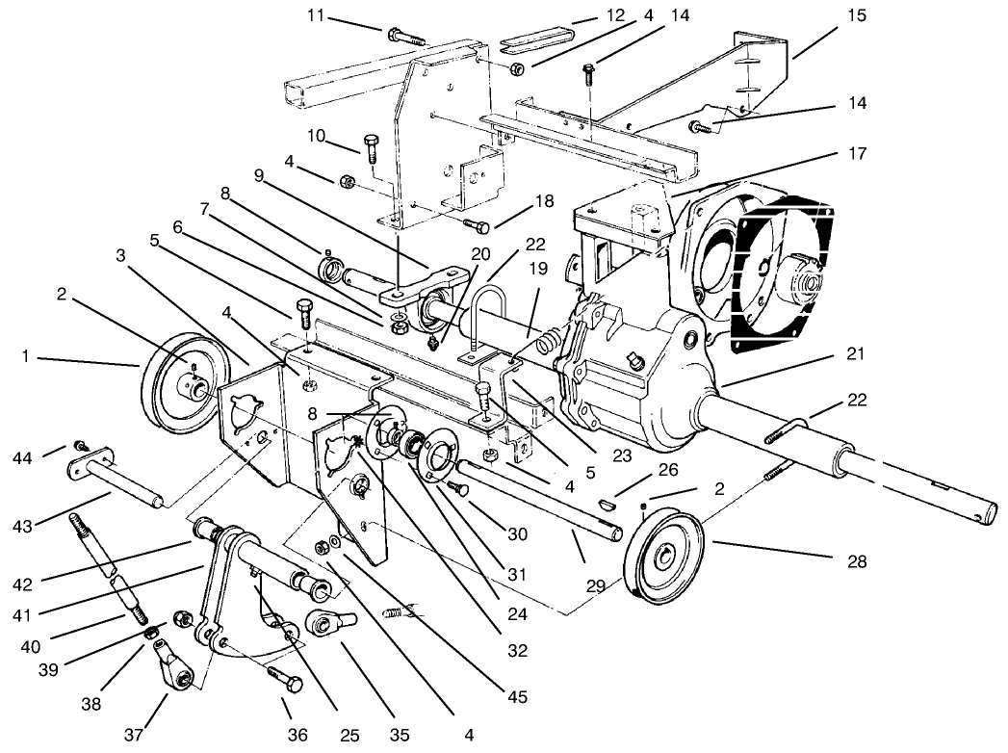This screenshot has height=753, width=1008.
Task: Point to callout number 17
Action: pyautogui.click(x=858, y=153)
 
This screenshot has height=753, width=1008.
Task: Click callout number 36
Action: pyautogui.click(x=297, y=735)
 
